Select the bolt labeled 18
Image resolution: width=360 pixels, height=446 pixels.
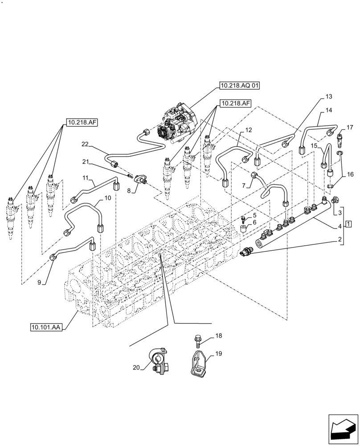click(197, 340)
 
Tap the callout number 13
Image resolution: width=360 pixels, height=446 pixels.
click(329, 96)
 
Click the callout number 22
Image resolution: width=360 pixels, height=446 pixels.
click(86, 144)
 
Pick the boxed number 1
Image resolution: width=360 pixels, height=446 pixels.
click(348, 223)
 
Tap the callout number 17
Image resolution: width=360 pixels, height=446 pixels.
click(350, 127)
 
